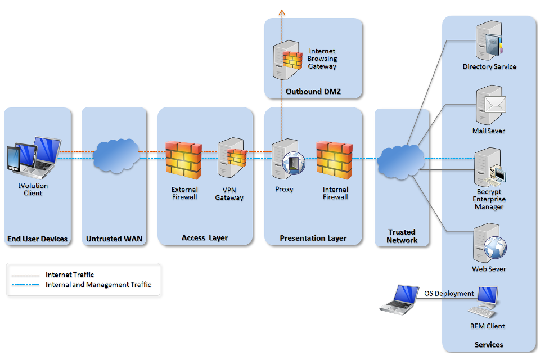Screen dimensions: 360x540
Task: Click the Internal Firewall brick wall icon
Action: (x=334, y=160)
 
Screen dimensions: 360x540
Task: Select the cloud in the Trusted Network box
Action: (x=401, y=161)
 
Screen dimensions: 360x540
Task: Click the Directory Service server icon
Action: (x=488, y=40)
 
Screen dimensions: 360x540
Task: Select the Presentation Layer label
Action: (x=313, y=238)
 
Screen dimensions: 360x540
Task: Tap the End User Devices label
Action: (x=38, y=239)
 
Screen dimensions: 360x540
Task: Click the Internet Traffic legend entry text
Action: (x=70, y=274)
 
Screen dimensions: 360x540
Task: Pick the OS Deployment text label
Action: (x=449, y=293)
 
